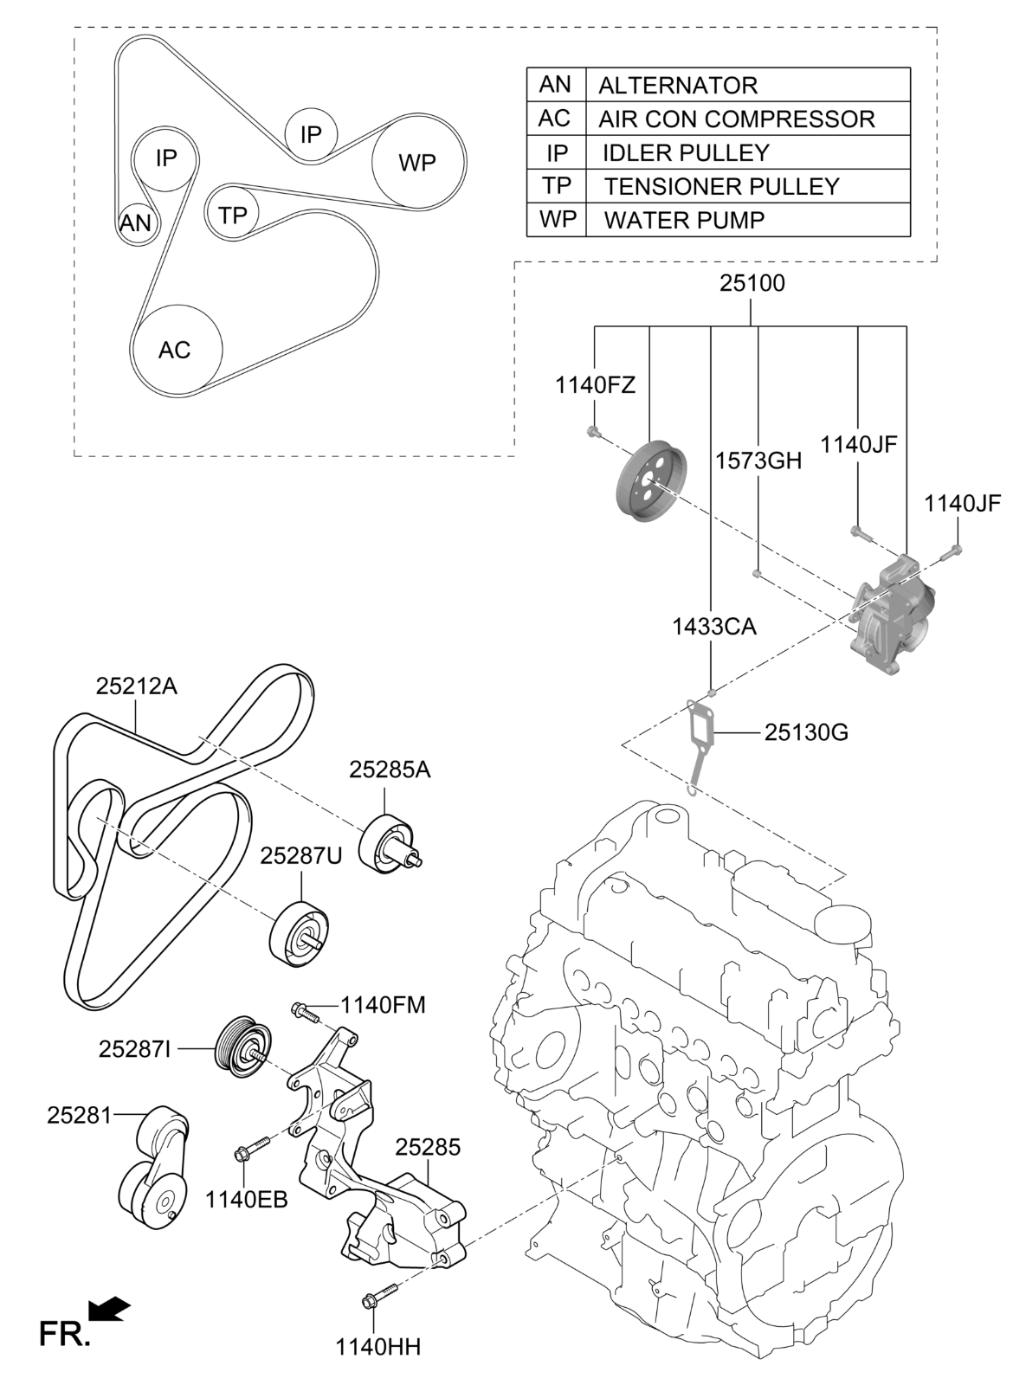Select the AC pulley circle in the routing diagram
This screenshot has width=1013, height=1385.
[x=177, y=350]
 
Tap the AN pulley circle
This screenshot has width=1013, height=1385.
[x=136, y=223]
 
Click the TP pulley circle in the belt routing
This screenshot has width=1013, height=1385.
[x=232, y=214]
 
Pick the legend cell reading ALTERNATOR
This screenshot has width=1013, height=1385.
[x=678, y=85]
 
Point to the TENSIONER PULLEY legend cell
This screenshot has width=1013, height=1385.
[x=721, y=186]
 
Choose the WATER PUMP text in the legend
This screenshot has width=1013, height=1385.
[x=684, y=220]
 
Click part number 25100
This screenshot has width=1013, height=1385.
[x=752, y=283]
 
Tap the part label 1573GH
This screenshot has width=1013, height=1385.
[x=758, y=460]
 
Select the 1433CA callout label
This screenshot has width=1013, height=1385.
[x=713, y=626]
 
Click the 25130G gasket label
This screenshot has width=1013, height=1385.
[x=806, y=733]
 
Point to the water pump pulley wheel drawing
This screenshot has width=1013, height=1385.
[x=650, y=482]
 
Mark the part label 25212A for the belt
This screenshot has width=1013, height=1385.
[x=136, y=686]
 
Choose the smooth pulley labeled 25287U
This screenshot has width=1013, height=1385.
[x=299, y=933]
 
